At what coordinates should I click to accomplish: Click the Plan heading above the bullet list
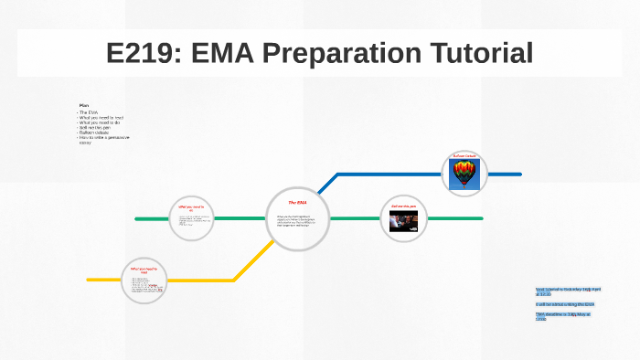[83, 105]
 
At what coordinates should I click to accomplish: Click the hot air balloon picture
[464, 173]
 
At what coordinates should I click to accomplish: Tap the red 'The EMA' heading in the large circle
[297, 202]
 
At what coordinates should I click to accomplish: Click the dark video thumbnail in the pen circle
[404, 222]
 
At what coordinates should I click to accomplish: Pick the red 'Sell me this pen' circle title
[404, 206]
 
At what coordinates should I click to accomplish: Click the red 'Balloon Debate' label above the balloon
[464, 156]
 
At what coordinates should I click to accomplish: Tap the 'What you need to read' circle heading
[144, 270]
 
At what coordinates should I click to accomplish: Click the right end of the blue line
[519, 173]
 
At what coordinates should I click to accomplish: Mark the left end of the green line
[137, 219]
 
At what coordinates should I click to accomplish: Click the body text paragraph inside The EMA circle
[297, 220]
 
